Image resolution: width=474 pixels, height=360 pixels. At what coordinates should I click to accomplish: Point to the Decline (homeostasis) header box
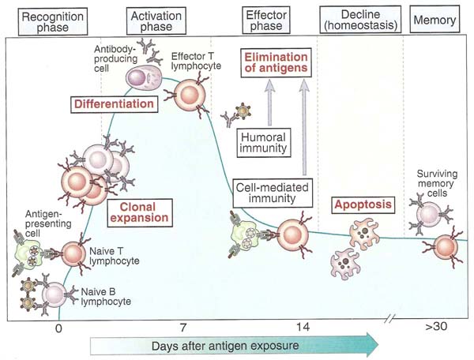360,21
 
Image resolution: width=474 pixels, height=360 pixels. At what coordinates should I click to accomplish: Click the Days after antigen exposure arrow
229,346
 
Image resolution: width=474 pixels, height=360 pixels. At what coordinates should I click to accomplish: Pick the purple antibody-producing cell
145,78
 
